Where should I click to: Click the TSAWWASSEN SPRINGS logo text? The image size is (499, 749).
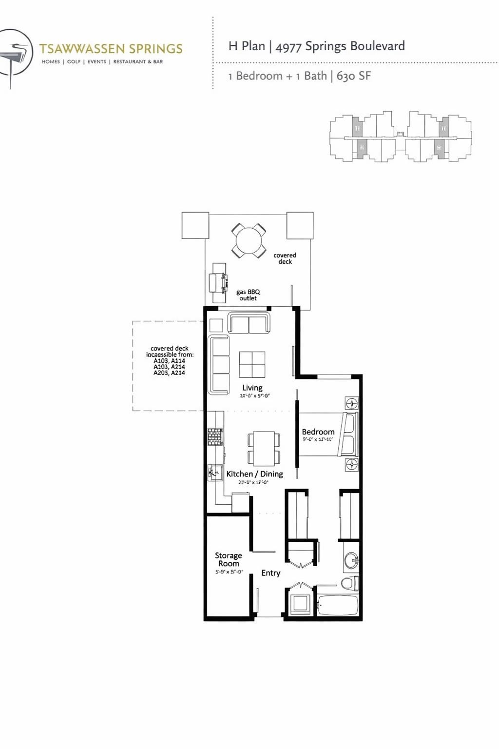point(111,49)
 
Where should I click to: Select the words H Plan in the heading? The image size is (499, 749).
point(247,46)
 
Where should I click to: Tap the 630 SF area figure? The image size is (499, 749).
point(354,76)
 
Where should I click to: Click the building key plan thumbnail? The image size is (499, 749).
point(400,137)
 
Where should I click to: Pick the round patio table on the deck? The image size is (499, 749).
point(249,240)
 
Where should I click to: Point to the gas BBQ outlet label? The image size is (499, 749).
point(248,295)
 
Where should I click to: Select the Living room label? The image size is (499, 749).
point(252,388)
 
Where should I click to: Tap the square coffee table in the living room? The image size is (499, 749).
point(252,364)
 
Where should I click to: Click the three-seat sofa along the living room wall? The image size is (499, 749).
point(219,364)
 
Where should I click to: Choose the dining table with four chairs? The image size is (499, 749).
point(264,448)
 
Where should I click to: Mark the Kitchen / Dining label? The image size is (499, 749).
point(254,474)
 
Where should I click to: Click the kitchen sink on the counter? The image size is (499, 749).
point(214,473)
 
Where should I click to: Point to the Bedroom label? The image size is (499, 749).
point(318,432)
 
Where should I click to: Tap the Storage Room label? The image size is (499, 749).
point(228,559)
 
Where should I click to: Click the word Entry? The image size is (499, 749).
point(270,573)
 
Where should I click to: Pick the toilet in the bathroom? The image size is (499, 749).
point(349,583)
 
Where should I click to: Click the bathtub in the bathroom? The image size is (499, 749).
point(338,605)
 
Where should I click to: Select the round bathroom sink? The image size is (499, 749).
point(351,561)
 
